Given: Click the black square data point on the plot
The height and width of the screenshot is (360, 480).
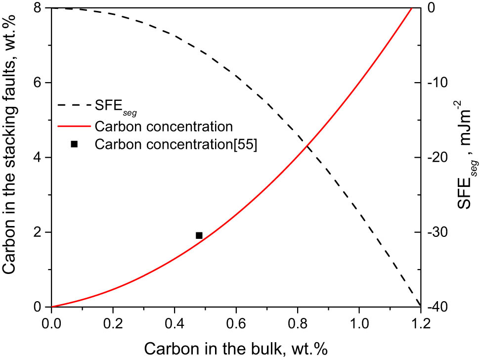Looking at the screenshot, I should coord(199,235).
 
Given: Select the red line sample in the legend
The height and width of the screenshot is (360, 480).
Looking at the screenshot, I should coord(74,125).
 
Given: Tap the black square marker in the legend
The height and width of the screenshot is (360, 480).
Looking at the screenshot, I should coord(74,144).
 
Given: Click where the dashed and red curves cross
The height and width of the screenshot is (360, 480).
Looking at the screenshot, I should coord(307,145).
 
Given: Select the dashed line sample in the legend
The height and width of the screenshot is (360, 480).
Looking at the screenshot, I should coord(74,105).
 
